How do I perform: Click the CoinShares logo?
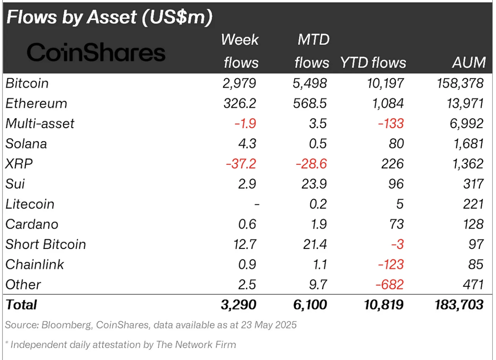(x=96, y=53)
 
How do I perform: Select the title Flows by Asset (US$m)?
(x=109, y=17)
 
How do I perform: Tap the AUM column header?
(x=469, y=62)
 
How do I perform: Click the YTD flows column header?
(x=373, y=62)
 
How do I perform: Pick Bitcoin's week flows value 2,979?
(x=239, y=83)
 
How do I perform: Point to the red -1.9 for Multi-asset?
(x=245, y=124)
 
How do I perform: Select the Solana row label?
(x=26, y=144)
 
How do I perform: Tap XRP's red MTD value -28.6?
(x=311, y=164)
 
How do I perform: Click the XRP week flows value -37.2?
(x=241, y=164)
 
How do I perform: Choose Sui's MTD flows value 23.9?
(x=314, y=184)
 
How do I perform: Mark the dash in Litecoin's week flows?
(x=256, y=205)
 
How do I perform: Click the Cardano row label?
(x=32, y=224)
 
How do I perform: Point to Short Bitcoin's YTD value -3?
(x=397, y=245)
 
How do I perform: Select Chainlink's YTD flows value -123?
(x=391, y=265)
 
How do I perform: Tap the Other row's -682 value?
(x=389, y=285)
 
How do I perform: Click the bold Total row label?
(x=21, y=305)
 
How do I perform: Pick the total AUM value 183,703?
(x=458, y=305)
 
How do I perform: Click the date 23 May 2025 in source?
(x=269, y=325)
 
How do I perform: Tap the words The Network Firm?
(x=196, y=345)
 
